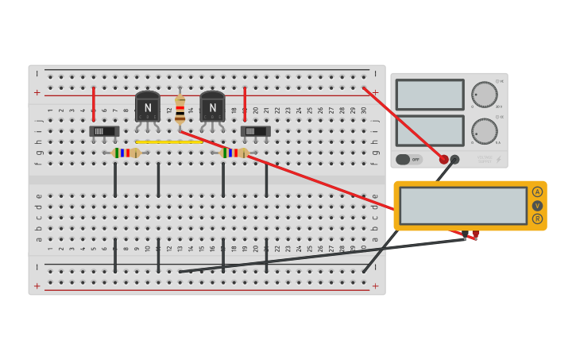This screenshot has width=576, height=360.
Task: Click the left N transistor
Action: (148, 106)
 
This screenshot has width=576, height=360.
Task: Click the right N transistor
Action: (212, 106)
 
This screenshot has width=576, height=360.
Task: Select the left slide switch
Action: (104, 131)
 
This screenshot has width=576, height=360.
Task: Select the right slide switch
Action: (255, 131)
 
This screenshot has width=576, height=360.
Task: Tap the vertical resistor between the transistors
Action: (180, 109)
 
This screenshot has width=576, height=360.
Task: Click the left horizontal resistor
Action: (126, 153)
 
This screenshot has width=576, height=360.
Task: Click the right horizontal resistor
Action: (234, 153)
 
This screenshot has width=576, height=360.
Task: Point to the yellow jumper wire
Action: (168, 142)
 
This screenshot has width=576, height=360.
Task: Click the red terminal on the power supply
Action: (443, 159)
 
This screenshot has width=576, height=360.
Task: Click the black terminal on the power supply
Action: (454, 159)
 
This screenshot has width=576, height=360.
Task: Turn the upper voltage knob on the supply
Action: (484, 95)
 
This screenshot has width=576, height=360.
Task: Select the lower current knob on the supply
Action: (484, 131)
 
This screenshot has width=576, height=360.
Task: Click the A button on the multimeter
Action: (538, 192)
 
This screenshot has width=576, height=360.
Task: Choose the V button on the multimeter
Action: (538, 206)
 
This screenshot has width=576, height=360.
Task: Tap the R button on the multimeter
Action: (538, 219)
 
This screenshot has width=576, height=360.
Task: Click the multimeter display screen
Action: (463, 206)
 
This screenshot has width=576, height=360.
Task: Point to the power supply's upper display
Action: (430, 95)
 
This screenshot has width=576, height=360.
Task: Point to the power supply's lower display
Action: (430, 131)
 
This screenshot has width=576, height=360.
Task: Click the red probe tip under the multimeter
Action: (474, 235)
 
